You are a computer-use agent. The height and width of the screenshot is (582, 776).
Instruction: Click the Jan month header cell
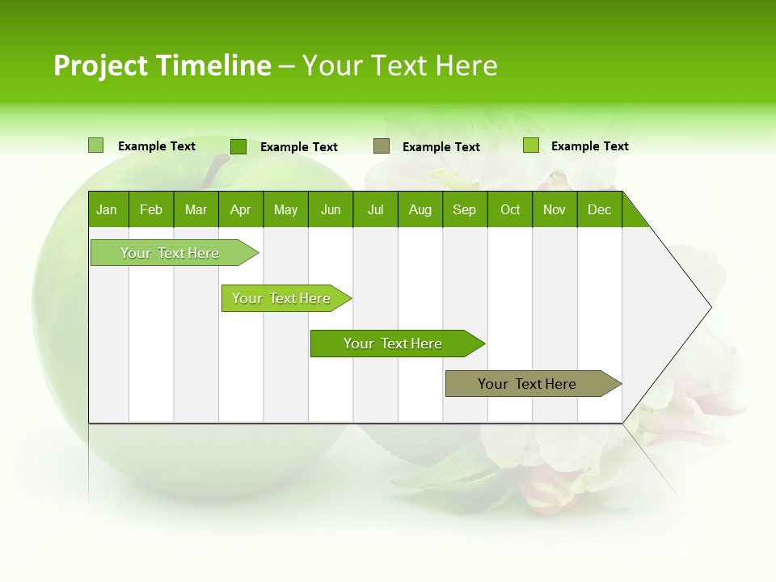click(x=108, y=209)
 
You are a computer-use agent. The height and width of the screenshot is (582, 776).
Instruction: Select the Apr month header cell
click(x=241, y=209)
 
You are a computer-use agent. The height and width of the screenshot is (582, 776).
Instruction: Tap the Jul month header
click(x=375, y=209)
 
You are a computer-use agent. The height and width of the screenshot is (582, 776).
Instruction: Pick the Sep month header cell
click(x=465, y=209)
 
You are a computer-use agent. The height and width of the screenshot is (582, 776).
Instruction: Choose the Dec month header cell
click(x=599, y=209)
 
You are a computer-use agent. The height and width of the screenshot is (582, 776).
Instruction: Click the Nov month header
click(x=555, y=209)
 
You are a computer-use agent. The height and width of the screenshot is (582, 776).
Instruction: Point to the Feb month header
click(x=151, y=209)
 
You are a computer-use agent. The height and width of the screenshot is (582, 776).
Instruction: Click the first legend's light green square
click(x=96, y=145)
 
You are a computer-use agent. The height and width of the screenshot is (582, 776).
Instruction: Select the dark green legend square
click(x=238, y=146)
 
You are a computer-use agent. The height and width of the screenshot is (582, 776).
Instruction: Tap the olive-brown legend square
click(x=382, y=146)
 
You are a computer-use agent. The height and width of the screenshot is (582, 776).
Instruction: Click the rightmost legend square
click(x=531, y=145)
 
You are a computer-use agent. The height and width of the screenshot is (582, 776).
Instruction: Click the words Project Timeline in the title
click(x=162, y=65)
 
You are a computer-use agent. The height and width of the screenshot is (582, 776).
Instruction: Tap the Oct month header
click(x=510, y=209)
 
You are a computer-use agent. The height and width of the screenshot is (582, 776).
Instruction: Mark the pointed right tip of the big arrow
click(x=710, y=306)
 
